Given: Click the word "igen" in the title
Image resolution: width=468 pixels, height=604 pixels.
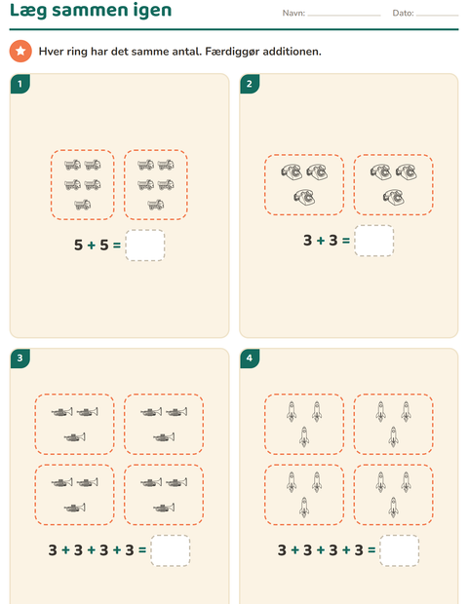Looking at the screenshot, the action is point(152,11).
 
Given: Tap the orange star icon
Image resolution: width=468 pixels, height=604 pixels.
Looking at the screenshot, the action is point(20,51).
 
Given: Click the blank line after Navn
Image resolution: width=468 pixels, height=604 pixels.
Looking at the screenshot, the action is point(344,16).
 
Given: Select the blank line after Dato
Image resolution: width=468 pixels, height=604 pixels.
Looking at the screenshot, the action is point(437,16).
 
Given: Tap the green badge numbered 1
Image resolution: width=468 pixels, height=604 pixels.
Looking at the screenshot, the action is point(20,84).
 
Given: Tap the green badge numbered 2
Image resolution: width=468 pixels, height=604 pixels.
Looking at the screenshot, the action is point(250,84).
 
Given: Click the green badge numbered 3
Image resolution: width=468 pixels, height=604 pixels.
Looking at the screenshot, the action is point(20,359).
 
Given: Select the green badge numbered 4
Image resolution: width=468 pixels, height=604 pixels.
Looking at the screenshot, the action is point(250,359).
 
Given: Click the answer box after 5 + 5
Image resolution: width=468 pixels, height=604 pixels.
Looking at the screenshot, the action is point(145,245).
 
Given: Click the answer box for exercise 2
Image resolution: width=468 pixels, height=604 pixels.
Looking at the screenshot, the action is point(374,241).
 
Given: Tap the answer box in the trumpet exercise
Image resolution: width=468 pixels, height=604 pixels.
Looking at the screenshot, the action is point(171,550).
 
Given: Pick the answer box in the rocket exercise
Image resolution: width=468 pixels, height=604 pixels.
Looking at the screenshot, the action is point(400,550).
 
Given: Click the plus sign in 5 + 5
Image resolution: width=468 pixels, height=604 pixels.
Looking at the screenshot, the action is point(91,245).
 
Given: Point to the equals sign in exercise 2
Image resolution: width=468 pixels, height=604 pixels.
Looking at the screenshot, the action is point(346,241).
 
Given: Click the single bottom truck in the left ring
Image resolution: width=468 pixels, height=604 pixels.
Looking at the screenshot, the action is point(83,205).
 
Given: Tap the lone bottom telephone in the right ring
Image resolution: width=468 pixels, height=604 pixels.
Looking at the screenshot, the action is point(393,197).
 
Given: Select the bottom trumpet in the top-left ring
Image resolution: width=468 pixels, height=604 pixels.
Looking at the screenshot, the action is point(74,437).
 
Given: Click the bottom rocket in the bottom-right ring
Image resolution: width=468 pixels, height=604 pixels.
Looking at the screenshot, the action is point(393,507).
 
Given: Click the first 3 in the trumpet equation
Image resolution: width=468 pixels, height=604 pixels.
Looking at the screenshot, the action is point(53,550).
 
